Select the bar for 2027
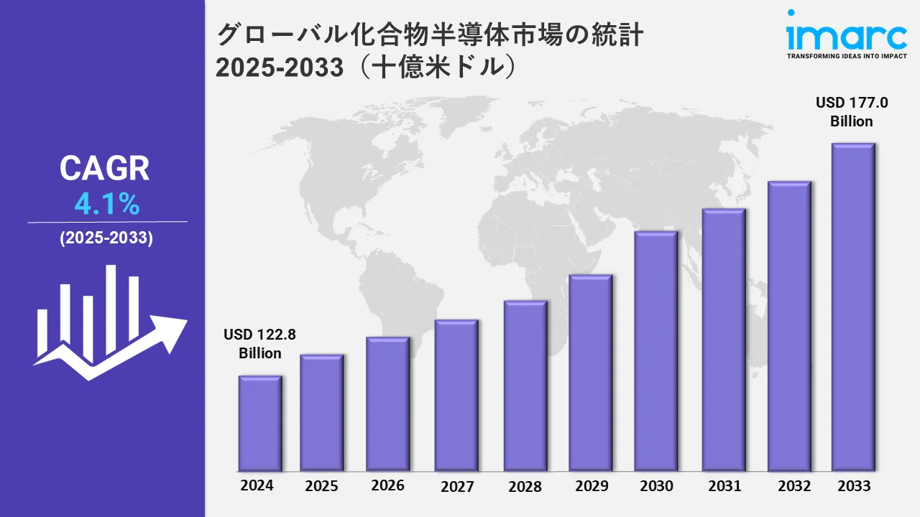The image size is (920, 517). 456,395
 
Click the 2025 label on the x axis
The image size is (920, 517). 321,486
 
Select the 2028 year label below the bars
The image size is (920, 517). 525,487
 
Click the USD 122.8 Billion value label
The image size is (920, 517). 259,343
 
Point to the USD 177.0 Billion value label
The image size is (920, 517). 852,112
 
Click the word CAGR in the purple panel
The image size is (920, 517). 105,169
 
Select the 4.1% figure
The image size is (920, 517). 106,205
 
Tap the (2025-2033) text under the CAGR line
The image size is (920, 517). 106,239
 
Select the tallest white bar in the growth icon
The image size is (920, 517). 111,309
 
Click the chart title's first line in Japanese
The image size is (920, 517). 429,36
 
